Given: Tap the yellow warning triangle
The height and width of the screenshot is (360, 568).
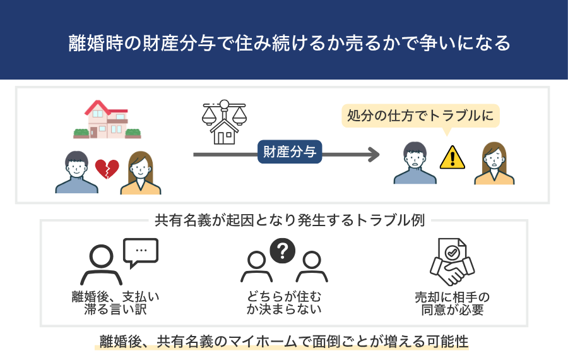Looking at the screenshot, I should click(x=452, y=157).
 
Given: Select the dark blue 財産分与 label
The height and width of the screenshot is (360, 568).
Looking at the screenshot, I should click(x=290, y=152).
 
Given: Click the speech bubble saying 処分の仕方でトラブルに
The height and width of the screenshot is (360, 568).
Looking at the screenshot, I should click(x=420, y=116).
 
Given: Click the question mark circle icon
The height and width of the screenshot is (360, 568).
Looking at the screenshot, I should click(x=283, y=251).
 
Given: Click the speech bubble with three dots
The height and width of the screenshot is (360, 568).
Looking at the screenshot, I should click(x=141, y=251).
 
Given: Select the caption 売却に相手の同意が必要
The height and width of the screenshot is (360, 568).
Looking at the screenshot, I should click(x=451, y=304).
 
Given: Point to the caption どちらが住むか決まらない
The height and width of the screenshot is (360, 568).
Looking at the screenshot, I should click(x=284, y=303).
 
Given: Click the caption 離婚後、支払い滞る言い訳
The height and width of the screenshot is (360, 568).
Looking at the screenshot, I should click(x=115, y=304).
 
